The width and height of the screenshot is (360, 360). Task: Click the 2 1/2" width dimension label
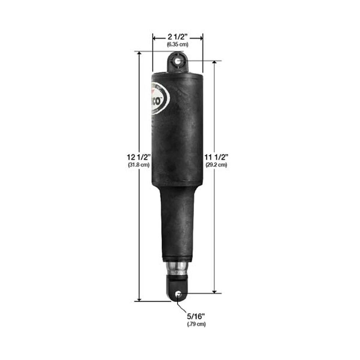(177, 37)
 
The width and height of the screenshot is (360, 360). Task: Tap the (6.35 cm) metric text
(177, 45)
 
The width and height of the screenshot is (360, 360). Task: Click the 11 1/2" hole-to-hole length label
(216, 157)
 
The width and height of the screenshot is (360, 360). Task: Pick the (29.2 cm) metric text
(216, 165)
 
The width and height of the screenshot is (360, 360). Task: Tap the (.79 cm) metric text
(196, 324)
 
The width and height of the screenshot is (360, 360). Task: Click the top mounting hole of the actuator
(178, 61)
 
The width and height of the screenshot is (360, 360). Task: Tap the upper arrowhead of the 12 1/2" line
(139, 54)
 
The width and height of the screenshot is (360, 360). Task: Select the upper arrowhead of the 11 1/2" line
(215, 63)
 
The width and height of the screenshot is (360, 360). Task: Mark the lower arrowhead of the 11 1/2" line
(215, 291)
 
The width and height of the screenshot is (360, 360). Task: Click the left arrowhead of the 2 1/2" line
(155, 37)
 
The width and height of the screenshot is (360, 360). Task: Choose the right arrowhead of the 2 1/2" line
(201, 37)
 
